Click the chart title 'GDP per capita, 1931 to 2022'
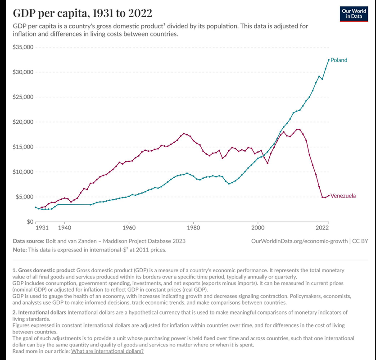tap(82, 13)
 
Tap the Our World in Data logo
tap(353, 14)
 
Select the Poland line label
tap(339, 60)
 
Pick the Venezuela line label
tap(343, 196)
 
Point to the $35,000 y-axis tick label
tap(23, 47)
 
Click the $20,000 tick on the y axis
tap(23, 122)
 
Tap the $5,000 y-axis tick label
tap(24, 197)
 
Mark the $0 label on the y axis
tap(30, 222)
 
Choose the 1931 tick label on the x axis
tap(42, 228)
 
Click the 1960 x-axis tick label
tap(129, 228)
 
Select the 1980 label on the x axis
tap(193, 228)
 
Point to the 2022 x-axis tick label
tap(322, 228)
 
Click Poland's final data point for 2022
tap(329, 60)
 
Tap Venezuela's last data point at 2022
tap(329, 196)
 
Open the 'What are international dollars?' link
tap(107, 351)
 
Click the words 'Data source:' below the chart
tap(28, 241)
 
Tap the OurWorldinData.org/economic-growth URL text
tap(299, 241)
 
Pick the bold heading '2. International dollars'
tap(39, 313)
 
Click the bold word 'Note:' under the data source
tap(20, 250)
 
